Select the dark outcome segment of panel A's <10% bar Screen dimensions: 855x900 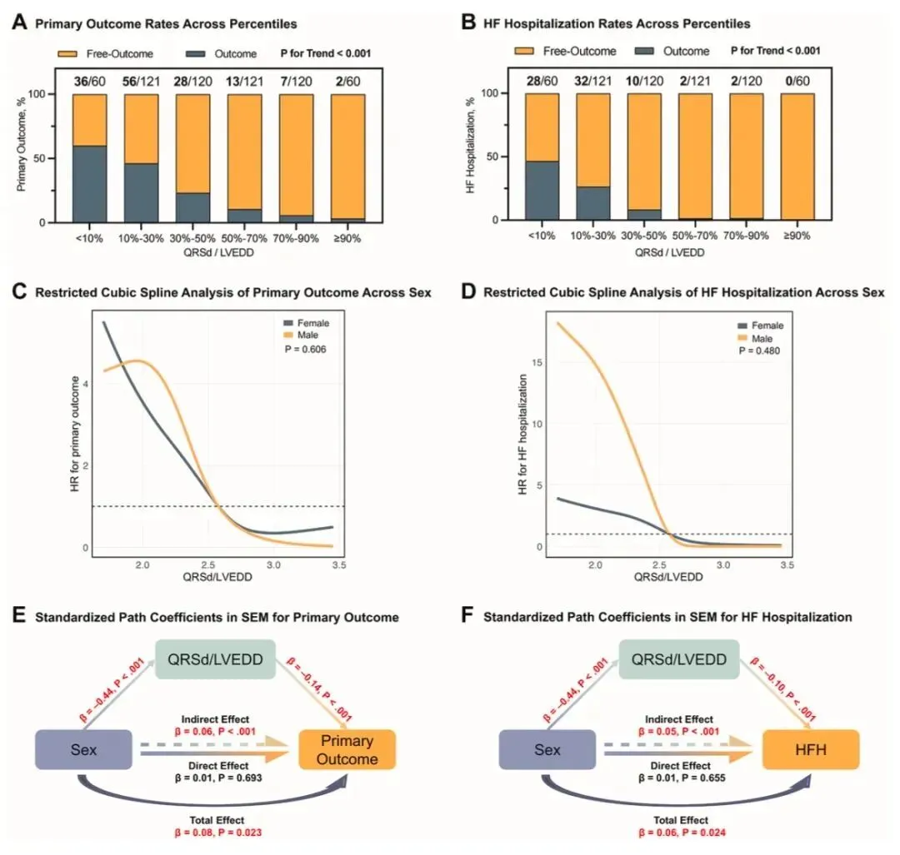pyautogui.click(x=89, y=184)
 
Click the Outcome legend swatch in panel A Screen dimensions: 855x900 pyautogui.click(x=196, y=54)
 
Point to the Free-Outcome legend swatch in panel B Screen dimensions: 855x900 pyautogui.click(x=525, y=51)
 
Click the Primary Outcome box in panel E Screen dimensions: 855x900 pyautogui.click(x=347, y=748)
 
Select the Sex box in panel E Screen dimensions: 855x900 pyautogui.click(x=83, y=749)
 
